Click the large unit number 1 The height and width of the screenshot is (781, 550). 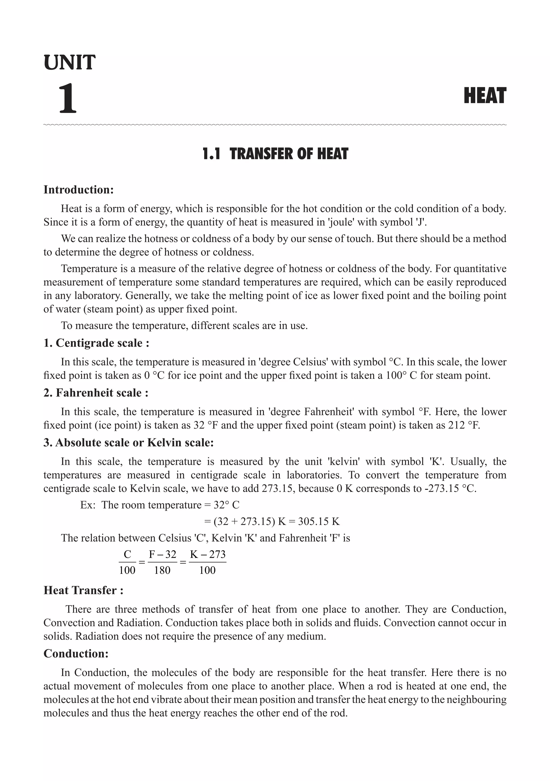[68, 99]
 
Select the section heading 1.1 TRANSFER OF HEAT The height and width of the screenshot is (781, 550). [275, 154]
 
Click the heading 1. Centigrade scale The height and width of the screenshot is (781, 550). [96, 343]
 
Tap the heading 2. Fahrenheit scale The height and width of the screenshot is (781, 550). [96, 393]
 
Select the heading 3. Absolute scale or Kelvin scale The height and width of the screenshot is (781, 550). [129, 443]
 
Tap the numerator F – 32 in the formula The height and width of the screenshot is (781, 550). [163, 554]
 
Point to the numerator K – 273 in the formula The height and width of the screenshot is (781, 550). [208, 554]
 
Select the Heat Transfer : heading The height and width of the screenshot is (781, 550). [83, 590]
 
